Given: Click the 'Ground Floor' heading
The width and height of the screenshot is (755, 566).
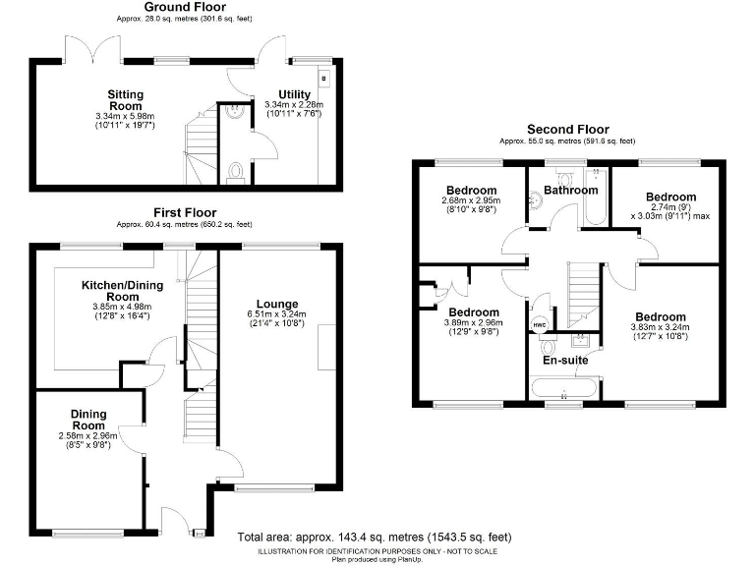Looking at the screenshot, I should [185, 7].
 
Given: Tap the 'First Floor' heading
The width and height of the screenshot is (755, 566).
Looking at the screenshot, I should [184, 212].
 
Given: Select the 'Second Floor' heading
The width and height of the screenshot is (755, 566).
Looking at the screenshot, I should [567, 130].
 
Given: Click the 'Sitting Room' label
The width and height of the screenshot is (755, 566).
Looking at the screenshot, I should [126, 100].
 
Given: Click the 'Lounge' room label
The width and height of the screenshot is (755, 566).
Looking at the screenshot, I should [278, 304].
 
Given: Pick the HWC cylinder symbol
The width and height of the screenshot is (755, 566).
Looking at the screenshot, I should [539, 325].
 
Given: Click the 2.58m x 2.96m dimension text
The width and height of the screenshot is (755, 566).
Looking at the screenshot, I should [88, 435].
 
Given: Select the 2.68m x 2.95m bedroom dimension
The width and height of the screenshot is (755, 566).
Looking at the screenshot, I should [471, 200].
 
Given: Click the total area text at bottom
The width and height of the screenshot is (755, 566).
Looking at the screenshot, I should [375, 538].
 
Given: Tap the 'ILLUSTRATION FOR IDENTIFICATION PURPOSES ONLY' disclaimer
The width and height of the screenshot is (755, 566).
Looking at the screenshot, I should [377, 551].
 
